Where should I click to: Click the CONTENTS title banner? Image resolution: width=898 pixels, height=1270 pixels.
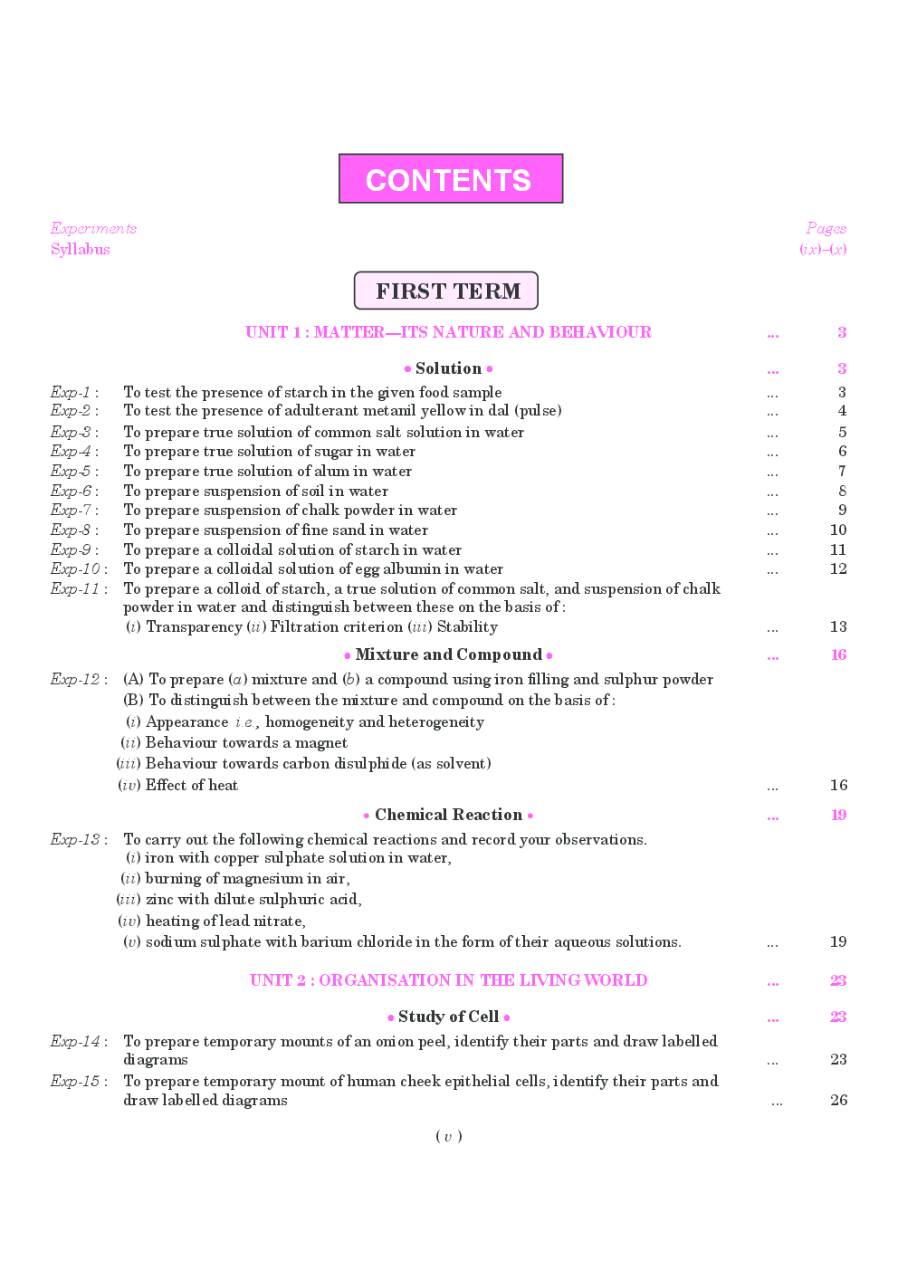click(x=450, y=179)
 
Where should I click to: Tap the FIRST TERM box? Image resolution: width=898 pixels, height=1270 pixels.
click(x=446, y=291)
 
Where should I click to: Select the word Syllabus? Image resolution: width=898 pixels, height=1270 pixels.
click(x=81, y=250)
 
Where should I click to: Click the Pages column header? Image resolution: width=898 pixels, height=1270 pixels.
click(x=826, y=228)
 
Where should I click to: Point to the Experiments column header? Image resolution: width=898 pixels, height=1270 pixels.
click(x=93, y=228)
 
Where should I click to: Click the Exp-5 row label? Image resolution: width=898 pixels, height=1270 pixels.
click(x=72, y=471)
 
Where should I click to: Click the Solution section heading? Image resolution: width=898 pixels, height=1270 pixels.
click(x=448, y=368)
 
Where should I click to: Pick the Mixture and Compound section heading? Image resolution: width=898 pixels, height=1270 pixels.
click(x=448, y=654)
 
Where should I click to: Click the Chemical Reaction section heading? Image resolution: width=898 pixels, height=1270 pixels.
click(x=448, y=815)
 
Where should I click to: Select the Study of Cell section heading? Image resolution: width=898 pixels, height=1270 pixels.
click(x=448, y=1017)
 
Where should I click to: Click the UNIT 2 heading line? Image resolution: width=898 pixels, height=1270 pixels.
click(x=448, y=980)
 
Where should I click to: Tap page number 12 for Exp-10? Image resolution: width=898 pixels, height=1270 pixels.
click(x=838, y=568)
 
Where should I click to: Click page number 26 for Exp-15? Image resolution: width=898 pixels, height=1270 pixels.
click(x=838, y=1100)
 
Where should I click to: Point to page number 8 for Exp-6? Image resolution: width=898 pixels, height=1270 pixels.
click(x=842, y=491)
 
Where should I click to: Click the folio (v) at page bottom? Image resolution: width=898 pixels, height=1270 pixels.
click(x=448, y=1136)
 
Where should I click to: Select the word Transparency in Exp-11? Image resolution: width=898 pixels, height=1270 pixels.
click(x=194, y=626)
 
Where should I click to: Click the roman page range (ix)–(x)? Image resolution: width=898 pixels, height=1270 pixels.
click(x=822, y=250)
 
